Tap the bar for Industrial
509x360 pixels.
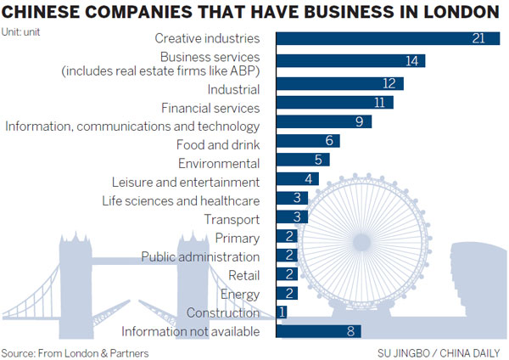click(340, 83)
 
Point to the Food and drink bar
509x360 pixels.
click(308, 141)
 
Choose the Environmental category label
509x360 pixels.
click(218, 163)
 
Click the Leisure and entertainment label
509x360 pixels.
click(185, 182)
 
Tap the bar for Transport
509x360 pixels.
click(289, 218)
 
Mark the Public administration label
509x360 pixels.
click(200, 256)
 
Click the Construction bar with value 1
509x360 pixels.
click(282, 312)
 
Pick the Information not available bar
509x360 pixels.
click(319, 331)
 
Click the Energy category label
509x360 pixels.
click(240, 294)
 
